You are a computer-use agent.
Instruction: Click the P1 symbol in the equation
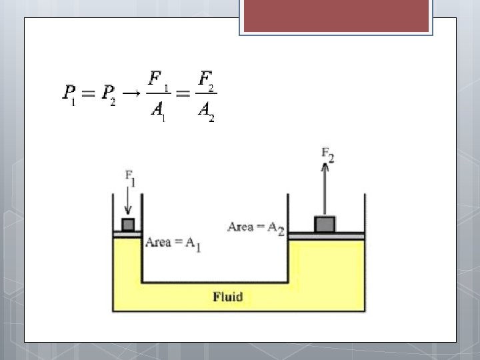(69, 94)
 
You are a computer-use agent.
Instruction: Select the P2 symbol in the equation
(108, 94)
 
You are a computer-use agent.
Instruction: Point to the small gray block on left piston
(128, 224)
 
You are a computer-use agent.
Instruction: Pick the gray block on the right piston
(325, 224)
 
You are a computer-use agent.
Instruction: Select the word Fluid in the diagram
(228, 297)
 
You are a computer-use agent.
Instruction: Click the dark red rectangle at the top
(336, 15)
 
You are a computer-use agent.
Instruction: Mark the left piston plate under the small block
(127, 235)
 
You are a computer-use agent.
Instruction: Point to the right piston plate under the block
(326, 235)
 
